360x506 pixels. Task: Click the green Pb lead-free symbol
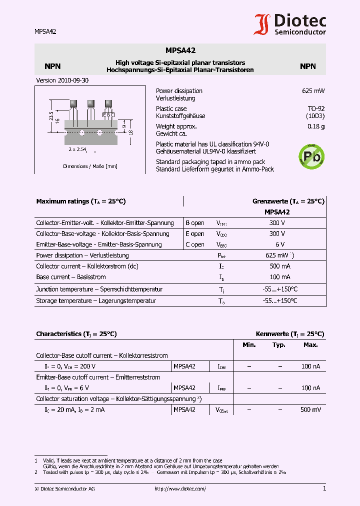point(311,156)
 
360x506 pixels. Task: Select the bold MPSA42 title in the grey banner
point(180,50)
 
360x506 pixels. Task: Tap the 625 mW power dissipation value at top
point(313,91)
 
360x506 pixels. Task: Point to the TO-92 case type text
point(316,108)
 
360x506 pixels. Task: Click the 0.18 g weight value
point(316,126)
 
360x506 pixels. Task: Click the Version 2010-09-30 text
point(62,80)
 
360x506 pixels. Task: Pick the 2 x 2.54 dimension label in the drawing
point(77,149)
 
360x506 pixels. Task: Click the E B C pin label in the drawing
point(108,114)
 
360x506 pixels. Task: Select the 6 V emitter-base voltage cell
point(280,244)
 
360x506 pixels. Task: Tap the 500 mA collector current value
point(280,266)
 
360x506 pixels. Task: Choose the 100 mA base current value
point(280,276)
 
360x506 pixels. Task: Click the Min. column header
point(249,345)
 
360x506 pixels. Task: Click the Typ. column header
point(279,345)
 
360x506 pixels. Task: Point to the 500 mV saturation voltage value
point(310,409)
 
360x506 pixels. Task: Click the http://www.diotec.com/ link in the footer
point(180,489)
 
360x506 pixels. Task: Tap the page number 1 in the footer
point(324,488)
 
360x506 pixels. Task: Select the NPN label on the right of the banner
point(307,66)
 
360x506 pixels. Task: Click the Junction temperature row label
point(99,289)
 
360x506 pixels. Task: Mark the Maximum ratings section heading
point(81,201)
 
